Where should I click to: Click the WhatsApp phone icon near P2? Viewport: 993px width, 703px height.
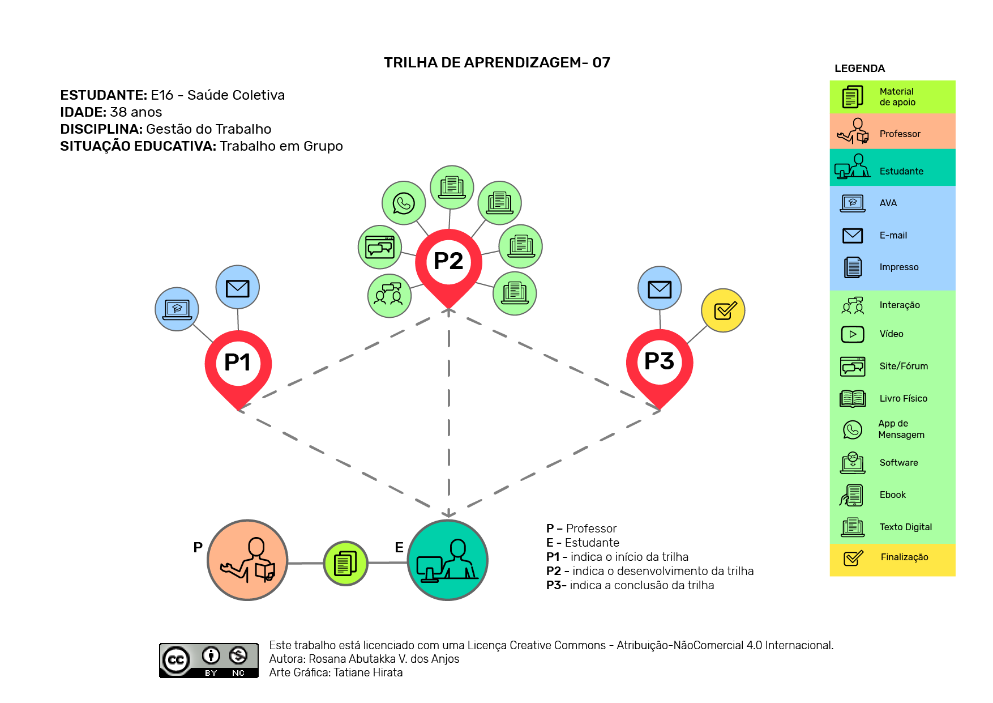[404, 203]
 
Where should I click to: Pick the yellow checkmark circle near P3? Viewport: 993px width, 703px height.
[723, 310]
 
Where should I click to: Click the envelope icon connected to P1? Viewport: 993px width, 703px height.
[238, 287]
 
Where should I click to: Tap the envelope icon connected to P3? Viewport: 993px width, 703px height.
[660, 288]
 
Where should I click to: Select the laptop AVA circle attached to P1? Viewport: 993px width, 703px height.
[177, 309]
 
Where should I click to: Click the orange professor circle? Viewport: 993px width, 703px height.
[248, 560]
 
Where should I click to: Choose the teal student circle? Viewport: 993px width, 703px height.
[448, 560]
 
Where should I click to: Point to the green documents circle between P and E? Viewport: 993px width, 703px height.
[345, 563]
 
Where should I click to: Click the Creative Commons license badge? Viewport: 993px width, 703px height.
[209, 660]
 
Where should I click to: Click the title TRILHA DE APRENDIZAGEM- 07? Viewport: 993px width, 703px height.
[497, 62]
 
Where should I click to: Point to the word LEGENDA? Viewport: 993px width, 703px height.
[859, 69]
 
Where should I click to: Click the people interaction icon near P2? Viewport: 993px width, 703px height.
[390, 295]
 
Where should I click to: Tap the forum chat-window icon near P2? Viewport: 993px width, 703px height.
[380, 246]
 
